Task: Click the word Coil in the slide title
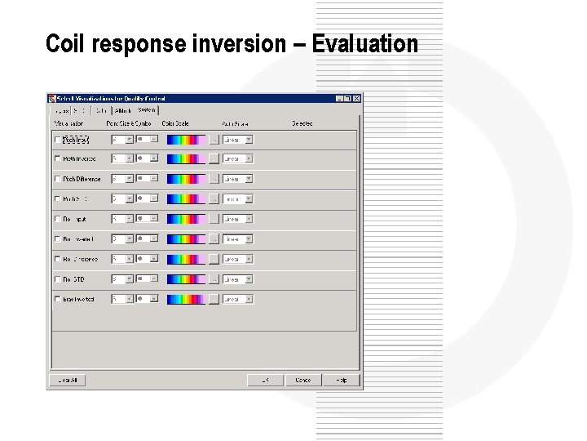[x=67, y=43]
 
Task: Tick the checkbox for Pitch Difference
[x=57, y=179]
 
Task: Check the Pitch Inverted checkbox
[x=57, y=159]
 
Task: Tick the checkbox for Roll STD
[x=57, y=279]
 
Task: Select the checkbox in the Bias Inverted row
[x=57, y=299]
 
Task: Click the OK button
[x=265, y=380]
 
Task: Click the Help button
[x=341, y=380]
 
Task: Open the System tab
[x=147, y=109]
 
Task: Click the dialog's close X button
[x=356, y=98]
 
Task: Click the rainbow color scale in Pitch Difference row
[x=185, y=179]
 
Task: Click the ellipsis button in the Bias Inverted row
[x=214, y=299]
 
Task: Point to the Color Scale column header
[x=175, y=123]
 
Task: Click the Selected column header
[x=302, y=123]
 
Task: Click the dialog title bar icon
[x=52, y=98]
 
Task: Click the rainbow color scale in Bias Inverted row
[x=185, y=299]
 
